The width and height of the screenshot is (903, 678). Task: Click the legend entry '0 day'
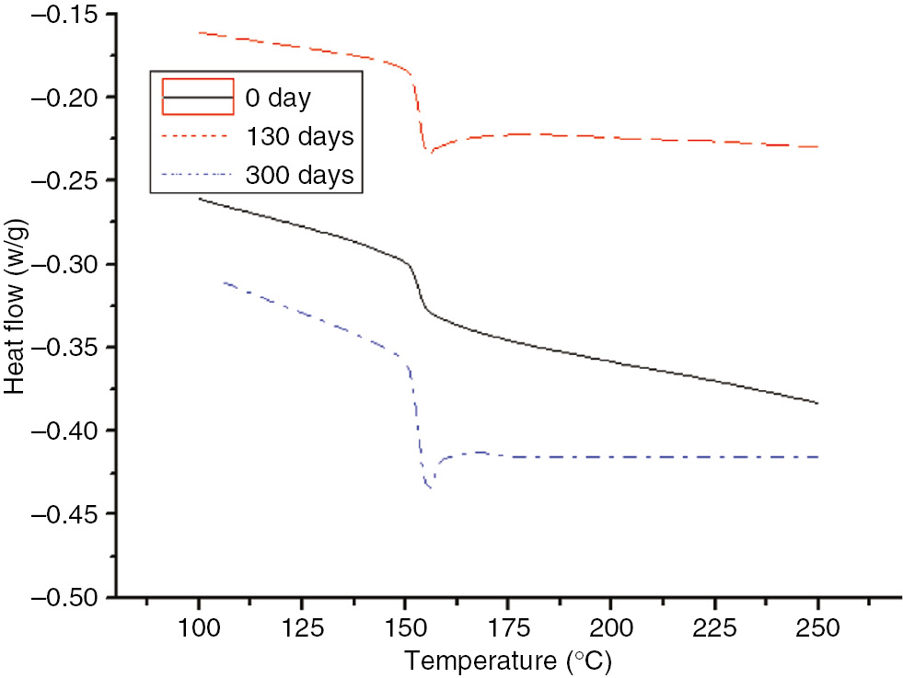point(280,97)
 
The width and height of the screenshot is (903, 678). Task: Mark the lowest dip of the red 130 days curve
point(427,151)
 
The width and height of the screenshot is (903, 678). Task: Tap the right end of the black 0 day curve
point(817,403)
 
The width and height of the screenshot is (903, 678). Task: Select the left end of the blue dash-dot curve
point(223,282)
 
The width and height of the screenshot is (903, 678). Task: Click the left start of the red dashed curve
point(199,32)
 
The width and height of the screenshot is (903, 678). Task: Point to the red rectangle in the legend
point(197,97)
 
